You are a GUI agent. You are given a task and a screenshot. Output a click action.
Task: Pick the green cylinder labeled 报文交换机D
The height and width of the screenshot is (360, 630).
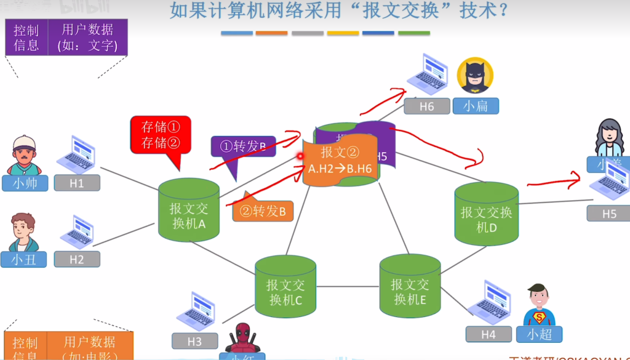[x=486, y=215]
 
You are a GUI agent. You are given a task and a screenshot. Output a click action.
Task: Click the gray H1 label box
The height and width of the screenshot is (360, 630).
[x=77, y=183]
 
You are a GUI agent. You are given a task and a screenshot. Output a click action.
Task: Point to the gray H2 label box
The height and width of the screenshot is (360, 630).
[x=77, y=259]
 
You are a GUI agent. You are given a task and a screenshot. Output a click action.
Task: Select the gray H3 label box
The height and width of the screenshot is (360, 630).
[x=194, y=341]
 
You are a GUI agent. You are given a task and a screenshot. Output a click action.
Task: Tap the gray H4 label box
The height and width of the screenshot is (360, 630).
[x=488, y=334]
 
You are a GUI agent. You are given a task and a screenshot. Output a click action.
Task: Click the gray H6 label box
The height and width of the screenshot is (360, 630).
[x=426, y=106]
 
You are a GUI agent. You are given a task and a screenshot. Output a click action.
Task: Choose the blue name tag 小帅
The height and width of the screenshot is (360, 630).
[x=25, y=183]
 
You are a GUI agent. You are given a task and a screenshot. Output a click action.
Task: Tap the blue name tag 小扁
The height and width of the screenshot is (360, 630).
[x=476, y=106]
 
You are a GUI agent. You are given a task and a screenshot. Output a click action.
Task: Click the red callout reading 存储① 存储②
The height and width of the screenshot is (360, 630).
[x=161, y=135]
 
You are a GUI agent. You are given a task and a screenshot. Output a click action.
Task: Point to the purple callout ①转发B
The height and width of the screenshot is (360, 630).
[x=242, y=146]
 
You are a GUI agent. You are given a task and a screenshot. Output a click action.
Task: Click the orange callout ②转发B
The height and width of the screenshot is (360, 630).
[x=263, y=211]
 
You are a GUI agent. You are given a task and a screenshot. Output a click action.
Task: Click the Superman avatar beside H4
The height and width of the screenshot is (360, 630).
[x=539, y=305]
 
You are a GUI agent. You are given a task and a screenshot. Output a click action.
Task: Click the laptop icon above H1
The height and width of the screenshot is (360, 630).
[x=77, y=154]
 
